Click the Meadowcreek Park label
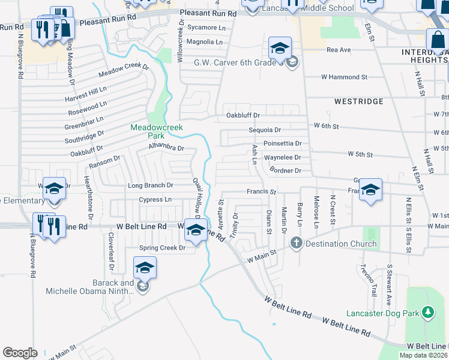click(x=148, y=131)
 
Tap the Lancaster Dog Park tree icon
click(x=427, y=312)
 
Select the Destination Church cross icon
click(x=295, y=243)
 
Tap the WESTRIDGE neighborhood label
click(x=358, y=101)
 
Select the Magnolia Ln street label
click(x=204, y=42)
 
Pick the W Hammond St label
click(x=344, y=77)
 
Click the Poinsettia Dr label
click(x=282, y=144)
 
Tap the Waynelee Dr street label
click(x=282, y=158)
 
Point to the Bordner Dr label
click(x=285, y=171)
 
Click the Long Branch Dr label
click(x=150, y=186)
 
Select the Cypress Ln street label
click(x=155, y=199)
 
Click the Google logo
click(x=20, y=353)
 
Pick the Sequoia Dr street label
click(x=265, y=130)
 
